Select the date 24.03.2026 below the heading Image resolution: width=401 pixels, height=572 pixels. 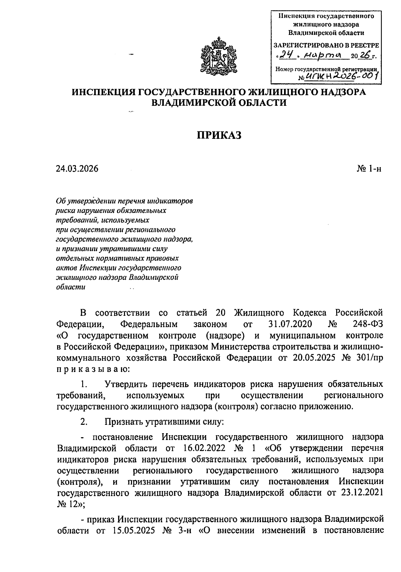tap(77, 169)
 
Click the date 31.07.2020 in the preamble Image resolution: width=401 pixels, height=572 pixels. tap(290, 324)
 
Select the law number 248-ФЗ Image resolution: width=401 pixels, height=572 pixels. tap(367, 324)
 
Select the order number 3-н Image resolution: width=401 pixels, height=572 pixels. tap(184, 531)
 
